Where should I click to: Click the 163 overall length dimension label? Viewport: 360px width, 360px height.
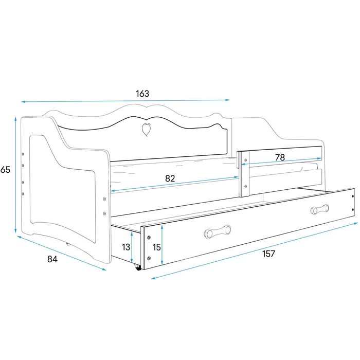click(142, 94)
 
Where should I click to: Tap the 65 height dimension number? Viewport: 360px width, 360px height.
click(6, 169)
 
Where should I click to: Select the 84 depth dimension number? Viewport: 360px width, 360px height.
click(52, 259)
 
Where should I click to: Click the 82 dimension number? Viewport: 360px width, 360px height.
click(171, 178)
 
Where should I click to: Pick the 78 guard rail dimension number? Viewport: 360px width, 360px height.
click(280, 157)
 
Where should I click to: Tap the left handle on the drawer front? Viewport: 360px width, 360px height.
click(218, 232)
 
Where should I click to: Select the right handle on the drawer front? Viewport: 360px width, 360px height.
click(319, 209)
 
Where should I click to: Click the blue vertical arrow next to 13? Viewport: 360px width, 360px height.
click(133, 247)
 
